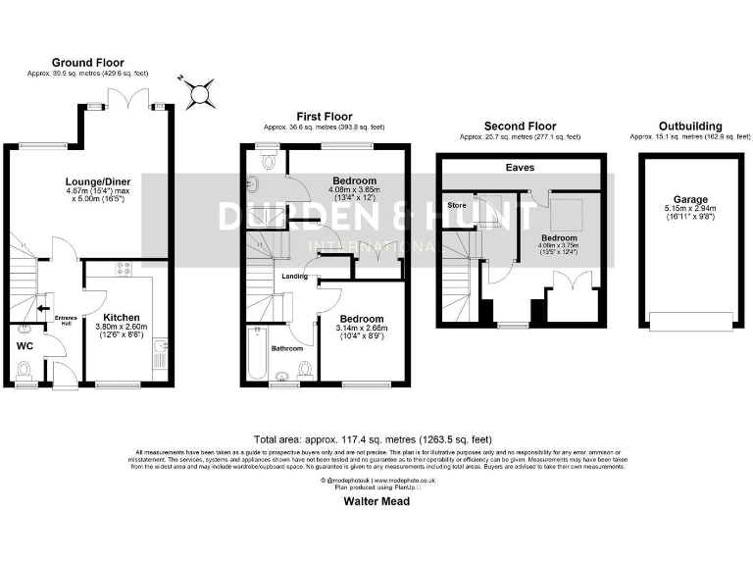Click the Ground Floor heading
click(87, 62)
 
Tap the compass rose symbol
click(200, 93)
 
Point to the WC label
click(25, 345)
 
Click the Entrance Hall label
click(66, 321)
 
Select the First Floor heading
click(324, 116)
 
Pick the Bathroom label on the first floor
click(287, 348)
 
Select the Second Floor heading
click(520, 127)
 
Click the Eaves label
click(520, 168)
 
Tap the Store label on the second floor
click(457, 206)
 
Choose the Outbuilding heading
click(690, 127)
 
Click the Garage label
click(690, 199)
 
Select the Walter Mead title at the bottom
click(376, 500)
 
